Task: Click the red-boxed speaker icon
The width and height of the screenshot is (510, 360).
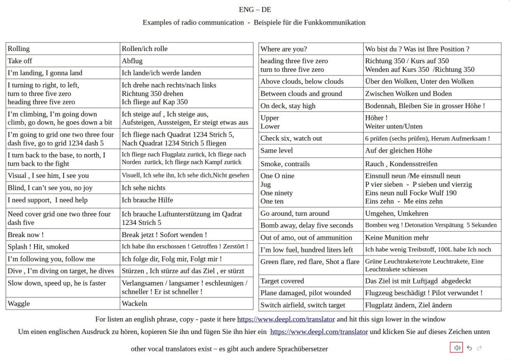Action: point(457,348)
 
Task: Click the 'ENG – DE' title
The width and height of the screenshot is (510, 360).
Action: point(254,10)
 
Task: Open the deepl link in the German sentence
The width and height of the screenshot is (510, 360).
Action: point(319,331)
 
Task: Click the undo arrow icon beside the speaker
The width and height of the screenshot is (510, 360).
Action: point(469,348)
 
